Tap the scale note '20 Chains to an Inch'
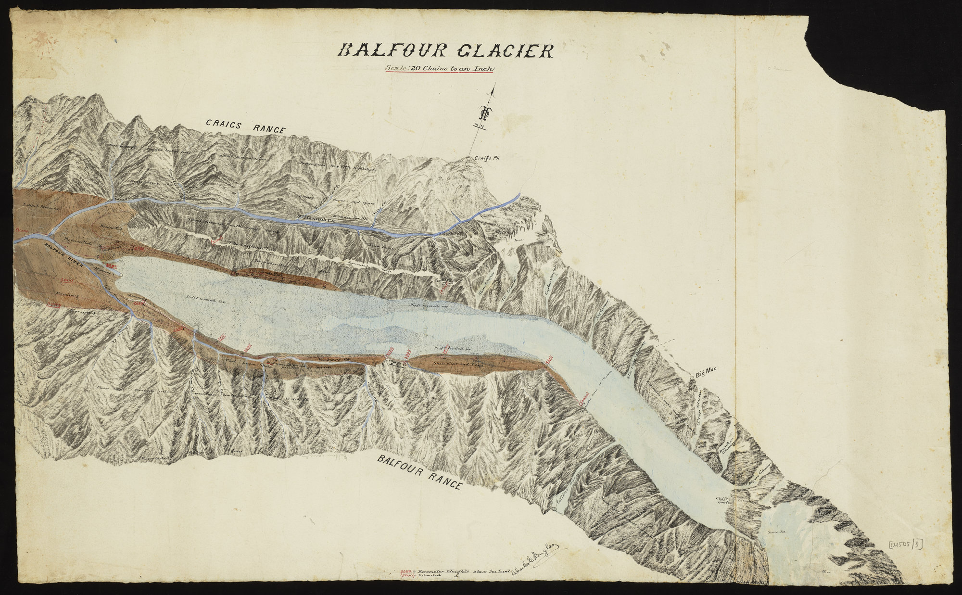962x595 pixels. (x=440, y=68)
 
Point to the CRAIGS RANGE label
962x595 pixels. (x=246, y=126)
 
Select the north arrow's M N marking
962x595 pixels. (x=480, y=126)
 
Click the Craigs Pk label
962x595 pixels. (x=485, y=158)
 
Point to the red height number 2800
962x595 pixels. (x=66, y=280)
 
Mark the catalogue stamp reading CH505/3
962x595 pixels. (x=906, y=544)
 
